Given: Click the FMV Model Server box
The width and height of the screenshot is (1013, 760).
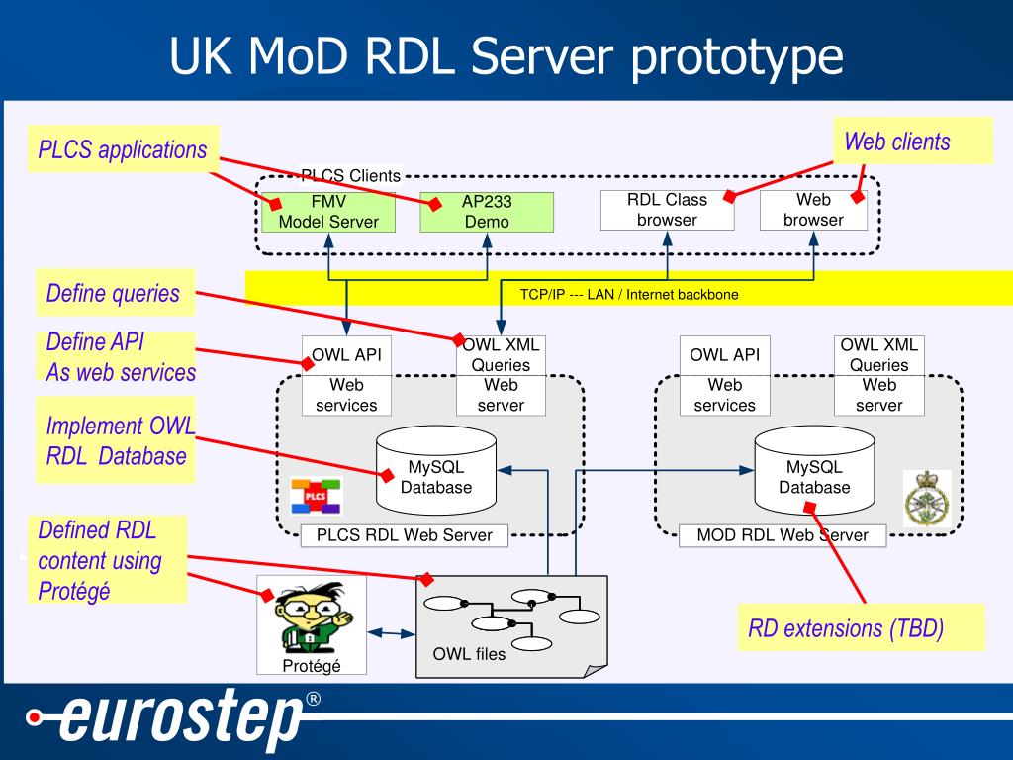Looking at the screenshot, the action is (328, 212).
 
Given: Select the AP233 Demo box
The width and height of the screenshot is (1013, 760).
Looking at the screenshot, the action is (487, 212).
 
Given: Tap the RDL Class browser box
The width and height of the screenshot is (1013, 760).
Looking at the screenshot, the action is (668, 210).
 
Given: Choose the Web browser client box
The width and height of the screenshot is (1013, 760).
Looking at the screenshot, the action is (813, 210).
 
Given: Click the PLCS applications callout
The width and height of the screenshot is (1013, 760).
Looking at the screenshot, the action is (123, 149).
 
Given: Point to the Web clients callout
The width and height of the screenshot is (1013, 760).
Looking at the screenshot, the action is (912, 141).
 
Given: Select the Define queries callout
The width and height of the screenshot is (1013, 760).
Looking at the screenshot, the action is (115, 293).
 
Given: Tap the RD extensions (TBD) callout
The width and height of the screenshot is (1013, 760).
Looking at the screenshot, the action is (862, 627).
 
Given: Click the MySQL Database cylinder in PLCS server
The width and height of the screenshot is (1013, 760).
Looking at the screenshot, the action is (436, 470).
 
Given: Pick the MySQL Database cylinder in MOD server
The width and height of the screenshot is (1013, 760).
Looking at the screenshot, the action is (815, 470).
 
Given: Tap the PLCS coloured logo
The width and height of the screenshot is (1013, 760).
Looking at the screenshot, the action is (316, 496).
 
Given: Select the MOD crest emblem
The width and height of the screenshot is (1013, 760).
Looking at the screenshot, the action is (927, 498).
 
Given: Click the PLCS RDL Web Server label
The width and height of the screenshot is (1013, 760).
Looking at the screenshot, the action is (405, 535).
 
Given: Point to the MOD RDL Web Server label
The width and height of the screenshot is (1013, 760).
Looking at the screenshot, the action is (783, 535).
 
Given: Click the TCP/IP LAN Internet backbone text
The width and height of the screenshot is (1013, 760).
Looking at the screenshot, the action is (629, 295).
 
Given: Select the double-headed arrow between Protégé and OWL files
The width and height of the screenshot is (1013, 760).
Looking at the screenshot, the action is (392, 633).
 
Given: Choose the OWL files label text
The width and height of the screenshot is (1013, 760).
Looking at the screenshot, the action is (469, 654).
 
